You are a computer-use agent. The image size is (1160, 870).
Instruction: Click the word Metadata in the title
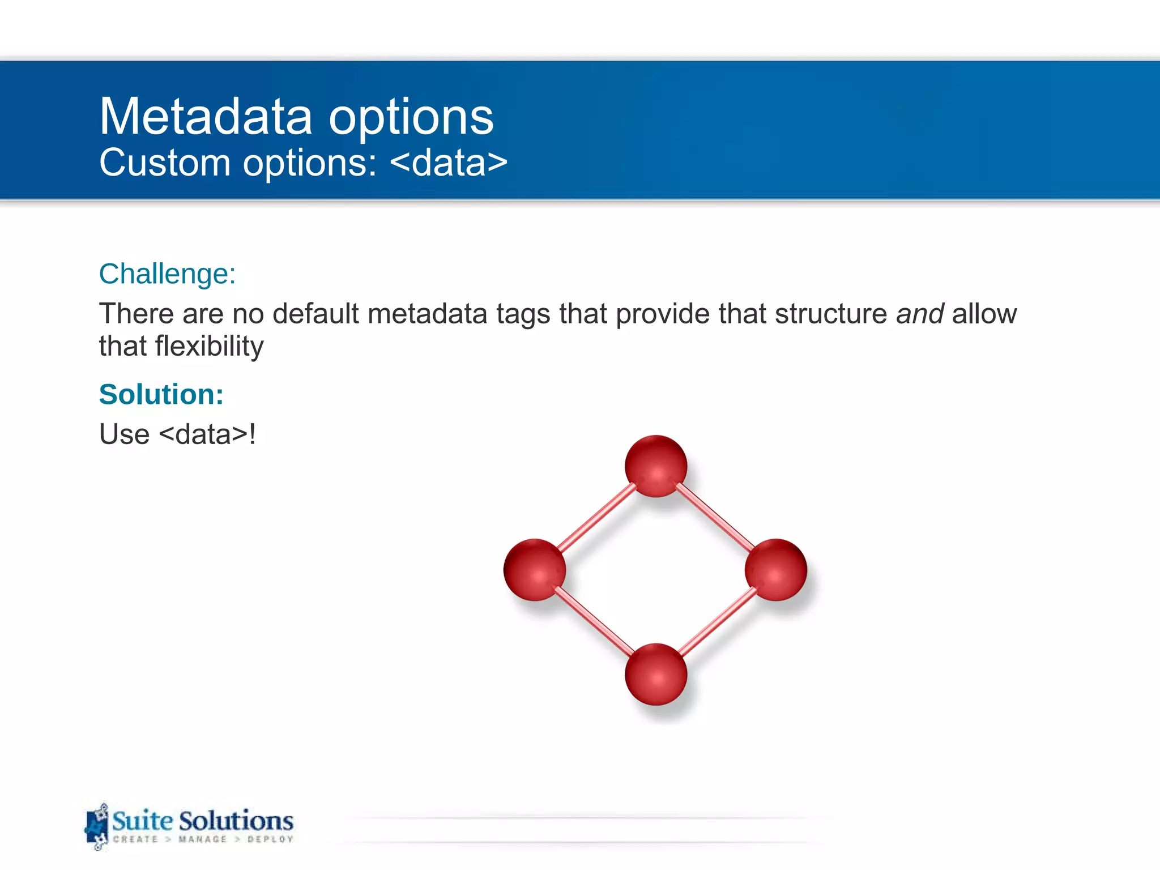point(206,117)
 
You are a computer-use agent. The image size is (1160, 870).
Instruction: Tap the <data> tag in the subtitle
point(449,163)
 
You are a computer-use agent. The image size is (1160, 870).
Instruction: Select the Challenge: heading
point(167,274)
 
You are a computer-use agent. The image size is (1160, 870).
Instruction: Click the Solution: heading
point(161,394)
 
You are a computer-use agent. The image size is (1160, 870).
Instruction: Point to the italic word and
point(919,314)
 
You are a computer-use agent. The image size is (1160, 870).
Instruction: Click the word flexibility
point(210,346)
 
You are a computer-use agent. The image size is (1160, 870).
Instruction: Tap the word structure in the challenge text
point(831,314)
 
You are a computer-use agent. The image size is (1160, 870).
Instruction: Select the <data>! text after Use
point(207,434)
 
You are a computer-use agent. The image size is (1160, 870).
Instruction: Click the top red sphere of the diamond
point(656,466)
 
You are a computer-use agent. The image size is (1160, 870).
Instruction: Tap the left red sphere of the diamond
point(534,570)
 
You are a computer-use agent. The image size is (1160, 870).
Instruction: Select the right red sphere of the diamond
point(775,570)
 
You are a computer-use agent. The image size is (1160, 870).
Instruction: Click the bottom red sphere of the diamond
point(656,674)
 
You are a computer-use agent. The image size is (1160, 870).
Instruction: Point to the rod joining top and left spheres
point(596,518)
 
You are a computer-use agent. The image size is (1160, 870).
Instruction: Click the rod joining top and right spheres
point(715,518)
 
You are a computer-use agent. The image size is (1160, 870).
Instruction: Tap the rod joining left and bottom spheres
point(594,621)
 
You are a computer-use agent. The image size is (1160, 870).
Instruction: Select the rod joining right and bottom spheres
point(717,621)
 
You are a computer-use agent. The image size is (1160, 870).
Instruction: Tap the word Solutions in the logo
point(236,821)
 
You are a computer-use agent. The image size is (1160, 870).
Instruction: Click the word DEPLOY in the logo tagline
point(270,839)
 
